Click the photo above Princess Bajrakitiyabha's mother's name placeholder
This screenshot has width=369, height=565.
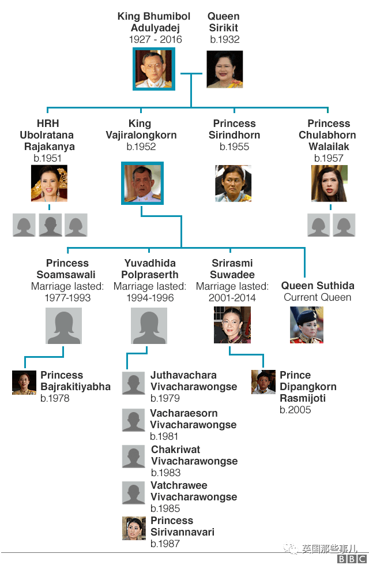click(x=63, y=325)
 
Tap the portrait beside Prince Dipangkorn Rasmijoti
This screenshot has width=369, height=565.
click(x=263, y=382)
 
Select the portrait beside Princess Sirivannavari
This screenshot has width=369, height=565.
click(x=134, y=528)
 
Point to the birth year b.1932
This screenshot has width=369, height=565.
click(x=224, y=40)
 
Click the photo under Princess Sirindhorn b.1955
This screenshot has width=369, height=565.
click(x=233, y=184)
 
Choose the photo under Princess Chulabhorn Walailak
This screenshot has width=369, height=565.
click(x=329, y=184)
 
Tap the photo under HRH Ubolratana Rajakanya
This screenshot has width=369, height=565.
click(x=49, y=184)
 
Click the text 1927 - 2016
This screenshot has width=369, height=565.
click(x=155, y=40)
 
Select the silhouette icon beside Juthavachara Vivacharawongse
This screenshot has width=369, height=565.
click(x=134, y=383)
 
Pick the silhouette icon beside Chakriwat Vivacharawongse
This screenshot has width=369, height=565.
click(x=134, y=457)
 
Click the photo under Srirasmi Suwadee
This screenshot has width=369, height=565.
click(x=232, y=325)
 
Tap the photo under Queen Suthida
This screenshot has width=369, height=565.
click(x=306, y=325)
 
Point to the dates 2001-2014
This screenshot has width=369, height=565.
click(x=232, y=298)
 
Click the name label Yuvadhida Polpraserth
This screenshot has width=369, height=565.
click(x=150, y=269)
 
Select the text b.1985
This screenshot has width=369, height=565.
click(x=165, y=508)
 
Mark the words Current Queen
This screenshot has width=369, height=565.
click(x=317, y=297)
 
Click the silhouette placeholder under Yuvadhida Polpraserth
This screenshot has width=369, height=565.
click(x=149, y=325)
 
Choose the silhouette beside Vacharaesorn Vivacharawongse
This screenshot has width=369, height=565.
click(x=134, y=420)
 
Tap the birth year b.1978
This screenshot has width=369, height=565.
click(x=56, y=398)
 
